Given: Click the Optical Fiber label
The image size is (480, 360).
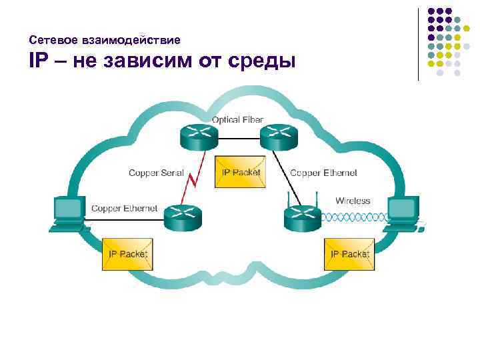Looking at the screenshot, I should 237,120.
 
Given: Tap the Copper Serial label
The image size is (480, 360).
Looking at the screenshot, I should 156,173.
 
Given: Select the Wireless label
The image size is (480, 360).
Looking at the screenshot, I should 353,201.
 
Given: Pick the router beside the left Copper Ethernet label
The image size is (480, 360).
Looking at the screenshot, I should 181,215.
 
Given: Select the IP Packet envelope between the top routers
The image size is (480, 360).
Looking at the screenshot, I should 241,172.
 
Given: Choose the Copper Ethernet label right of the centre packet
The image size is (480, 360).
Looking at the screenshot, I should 323,173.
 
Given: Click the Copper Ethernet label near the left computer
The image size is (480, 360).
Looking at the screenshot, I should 124,209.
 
